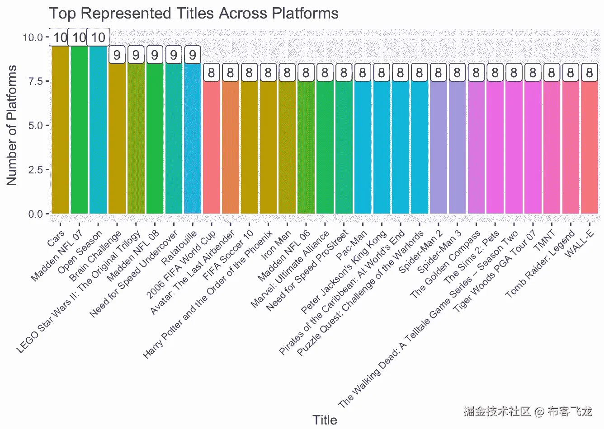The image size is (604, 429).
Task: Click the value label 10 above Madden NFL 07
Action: tap(79, 37)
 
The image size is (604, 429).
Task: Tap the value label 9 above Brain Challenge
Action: tap(117, 55)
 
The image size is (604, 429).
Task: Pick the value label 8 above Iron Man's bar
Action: tap(287, 72)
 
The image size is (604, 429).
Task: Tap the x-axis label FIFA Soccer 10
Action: tap(229, 256)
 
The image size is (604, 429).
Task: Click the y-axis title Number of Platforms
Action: tap(12, 125)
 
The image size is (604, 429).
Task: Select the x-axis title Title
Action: tap(325, 420)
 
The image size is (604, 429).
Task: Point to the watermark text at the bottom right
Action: tap(527, 411)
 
